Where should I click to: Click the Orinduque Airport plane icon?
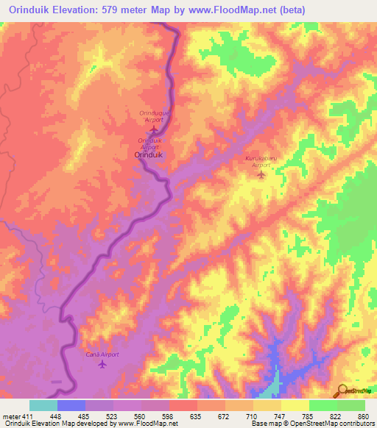click(x=153, y=129)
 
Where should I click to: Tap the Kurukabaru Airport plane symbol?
click(x=261, y=174)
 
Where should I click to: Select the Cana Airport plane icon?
click(x=101, y=364)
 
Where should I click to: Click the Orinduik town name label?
click(x=149, y=155)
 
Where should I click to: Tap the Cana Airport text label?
click(x=101, y=354)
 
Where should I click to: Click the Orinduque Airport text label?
click(x=153, y=115)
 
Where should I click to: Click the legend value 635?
click(x=196, y=415)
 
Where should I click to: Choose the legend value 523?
click(x=112, y=415)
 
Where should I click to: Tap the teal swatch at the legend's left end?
click(x=43, y=405)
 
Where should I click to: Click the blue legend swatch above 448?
click(x=71, y=405)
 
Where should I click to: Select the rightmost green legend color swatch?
click(x=351, y=405)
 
